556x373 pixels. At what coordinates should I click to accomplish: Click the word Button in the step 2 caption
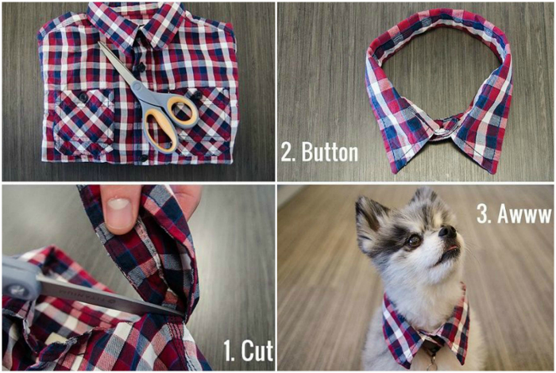coord(330,152)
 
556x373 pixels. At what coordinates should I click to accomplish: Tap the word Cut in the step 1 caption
coord(257,351)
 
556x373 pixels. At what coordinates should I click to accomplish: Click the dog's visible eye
coord(413,241)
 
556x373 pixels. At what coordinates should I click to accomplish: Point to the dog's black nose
coord(446,232)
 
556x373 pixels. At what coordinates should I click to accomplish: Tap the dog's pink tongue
coord(451,248)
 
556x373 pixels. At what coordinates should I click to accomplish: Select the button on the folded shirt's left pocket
coord(83,97)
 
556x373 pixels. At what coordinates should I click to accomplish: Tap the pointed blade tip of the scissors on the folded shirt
coord(99,43)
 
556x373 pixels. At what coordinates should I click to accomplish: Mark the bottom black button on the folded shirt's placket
coord(143,158)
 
